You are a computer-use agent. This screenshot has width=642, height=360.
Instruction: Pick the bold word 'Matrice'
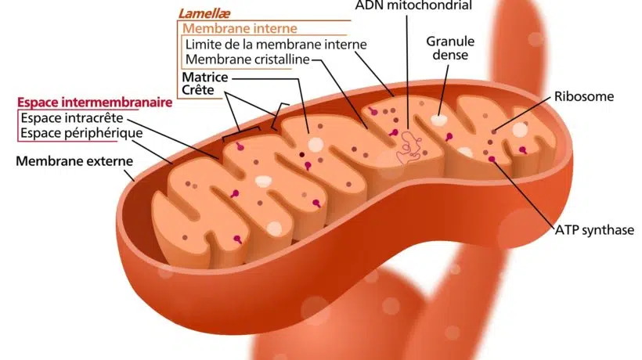click(204, 77)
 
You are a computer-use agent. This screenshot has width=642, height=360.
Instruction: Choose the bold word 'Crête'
click(198, 91)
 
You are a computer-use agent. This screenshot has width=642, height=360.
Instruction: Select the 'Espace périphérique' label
click(81, 133)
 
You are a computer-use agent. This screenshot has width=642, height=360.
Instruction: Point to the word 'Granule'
click(448, 41)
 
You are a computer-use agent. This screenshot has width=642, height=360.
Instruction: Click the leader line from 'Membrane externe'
click(135, 171)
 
